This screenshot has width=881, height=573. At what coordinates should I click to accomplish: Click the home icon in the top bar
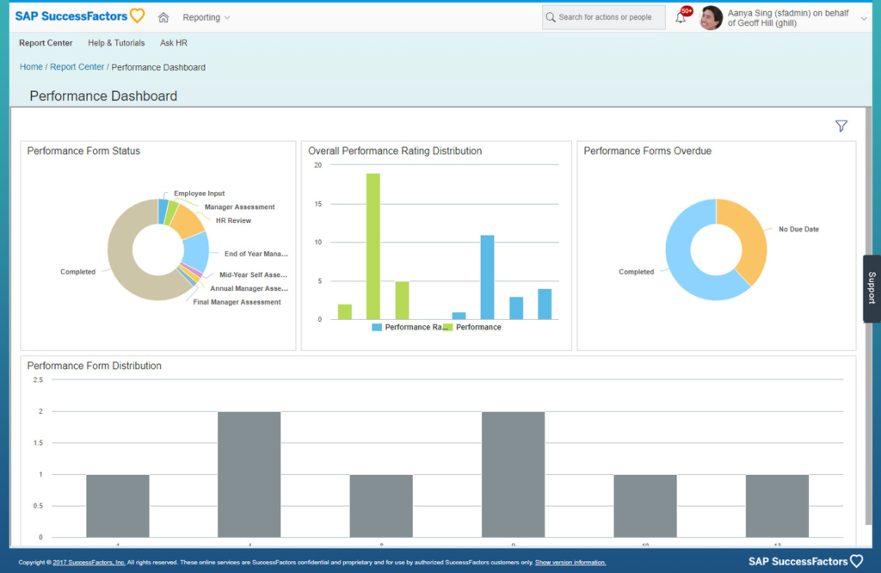point(163,17)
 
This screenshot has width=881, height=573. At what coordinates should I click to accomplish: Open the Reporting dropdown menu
point(206,17)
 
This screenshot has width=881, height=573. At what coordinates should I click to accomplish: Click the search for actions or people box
point(604,17)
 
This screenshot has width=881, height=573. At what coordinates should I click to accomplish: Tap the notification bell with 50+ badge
point(681,17)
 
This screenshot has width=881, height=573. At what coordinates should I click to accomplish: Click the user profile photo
point(711,17)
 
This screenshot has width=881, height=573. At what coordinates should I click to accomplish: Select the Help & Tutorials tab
point(116,43)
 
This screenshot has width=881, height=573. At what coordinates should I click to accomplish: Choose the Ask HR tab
point(173,43)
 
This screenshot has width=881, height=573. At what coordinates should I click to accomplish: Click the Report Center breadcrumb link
point(77,67)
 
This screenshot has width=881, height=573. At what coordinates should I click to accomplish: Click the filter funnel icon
point(841,126)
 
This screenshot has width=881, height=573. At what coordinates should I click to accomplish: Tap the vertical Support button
point(872,288)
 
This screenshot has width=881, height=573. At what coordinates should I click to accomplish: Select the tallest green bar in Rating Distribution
point(373,246)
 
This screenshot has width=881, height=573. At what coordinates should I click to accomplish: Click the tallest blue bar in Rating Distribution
point(487,276)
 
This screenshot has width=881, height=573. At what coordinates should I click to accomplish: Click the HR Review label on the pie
point(233,221)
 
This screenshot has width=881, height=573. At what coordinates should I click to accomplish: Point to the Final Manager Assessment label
point(237,303)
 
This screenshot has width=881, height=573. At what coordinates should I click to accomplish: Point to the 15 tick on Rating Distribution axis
point(317,204)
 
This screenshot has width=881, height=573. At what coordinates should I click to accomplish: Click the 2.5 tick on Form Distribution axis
point(37,379)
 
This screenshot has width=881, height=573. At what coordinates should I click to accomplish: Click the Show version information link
point(570,563)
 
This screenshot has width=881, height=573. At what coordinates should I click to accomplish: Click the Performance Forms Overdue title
point(647,151)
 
